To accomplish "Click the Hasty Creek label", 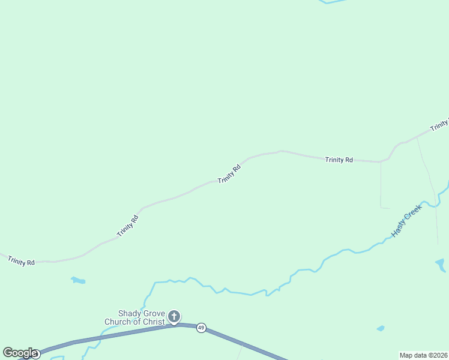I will click(x=407, y=220).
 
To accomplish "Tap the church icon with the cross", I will click(x=174, y=316).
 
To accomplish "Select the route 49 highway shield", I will click(x=201, y=328).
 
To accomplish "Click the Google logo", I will click(x=20, y=353).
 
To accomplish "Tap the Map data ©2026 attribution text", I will click(x=423, y=355).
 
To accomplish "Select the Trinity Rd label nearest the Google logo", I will click(x=22, y=262).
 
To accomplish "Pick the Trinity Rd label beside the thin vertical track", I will click(x=339, y=160).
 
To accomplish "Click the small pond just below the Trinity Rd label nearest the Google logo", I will click(x=78, y=280).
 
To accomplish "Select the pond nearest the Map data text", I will click(x=380, y=329).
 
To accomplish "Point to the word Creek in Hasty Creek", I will click(x=414, y=214).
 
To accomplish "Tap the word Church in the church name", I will click(x=117, y=322).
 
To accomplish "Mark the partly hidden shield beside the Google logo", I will click(x=37, y=355).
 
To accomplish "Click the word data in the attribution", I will click(x=420, y=355).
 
